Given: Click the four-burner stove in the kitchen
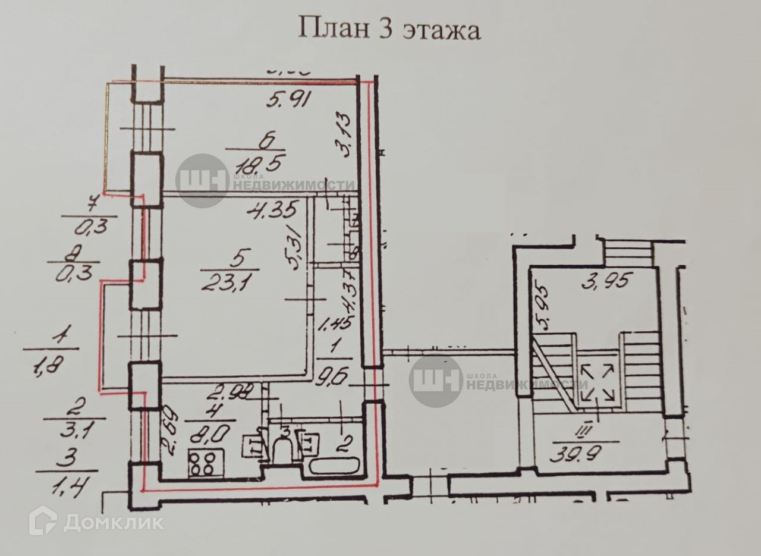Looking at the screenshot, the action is coord(206,462).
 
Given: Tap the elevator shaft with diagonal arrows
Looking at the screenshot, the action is coord(598,383).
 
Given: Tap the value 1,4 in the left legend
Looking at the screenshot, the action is coord(66,491).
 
